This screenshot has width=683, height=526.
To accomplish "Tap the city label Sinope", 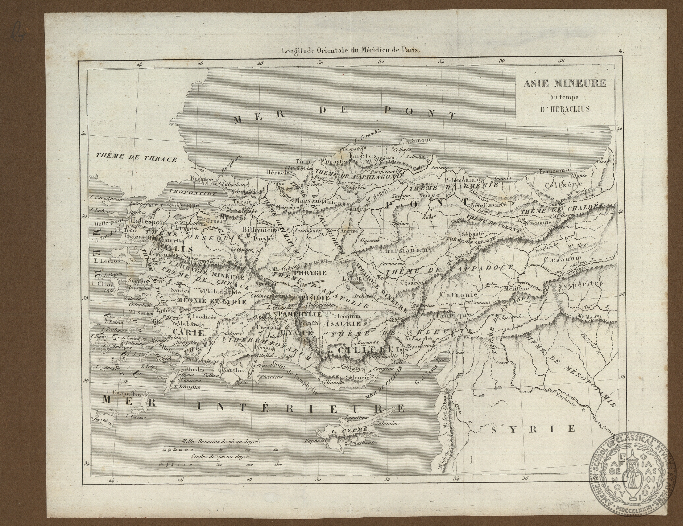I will coord(421,140).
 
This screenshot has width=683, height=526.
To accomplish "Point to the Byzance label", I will coord(202,179).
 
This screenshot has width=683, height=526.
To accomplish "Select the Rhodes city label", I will coord(195,369).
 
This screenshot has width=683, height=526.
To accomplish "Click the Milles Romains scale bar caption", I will coord(221,442).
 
